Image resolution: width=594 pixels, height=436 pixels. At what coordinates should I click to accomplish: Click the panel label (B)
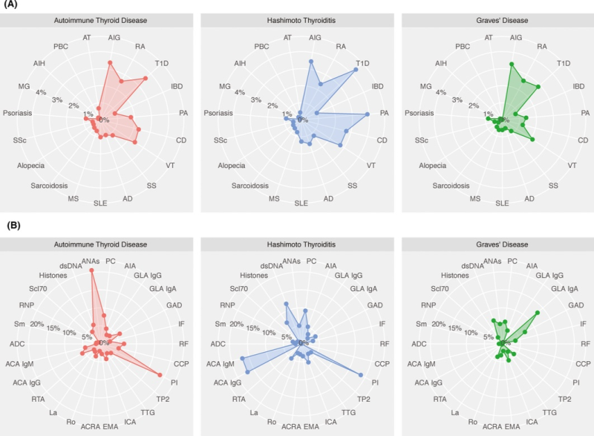[x=13, y=225]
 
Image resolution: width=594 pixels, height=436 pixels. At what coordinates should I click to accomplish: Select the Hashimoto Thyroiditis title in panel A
[x=301, y=21]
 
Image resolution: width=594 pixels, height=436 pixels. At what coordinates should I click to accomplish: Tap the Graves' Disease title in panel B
[x=502, y=244]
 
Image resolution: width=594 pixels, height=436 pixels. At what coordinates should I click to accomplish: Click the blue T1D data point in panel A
[x=356, y=70]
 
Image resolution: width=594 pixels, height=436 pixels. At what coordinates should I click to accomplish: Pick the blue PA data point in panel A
[x=368, y=114]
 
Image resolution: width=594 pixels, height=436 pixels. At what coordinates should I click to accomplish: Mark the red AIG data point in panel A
[x=110, y=62]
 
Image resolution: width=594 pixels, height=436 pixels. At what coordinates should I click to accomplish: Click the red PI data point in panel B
[x=160, y=374]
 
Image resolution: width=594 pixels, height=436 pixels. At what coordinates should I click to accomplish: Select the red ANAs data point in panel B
[x=91, y=270]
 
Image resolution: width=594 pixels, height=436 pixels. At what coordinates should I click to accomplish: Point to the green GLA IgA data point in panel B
[x=537, y=313]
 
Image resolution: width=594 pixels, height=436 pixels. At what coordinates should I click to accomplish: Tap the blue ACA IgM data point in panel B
[x=243, y=358]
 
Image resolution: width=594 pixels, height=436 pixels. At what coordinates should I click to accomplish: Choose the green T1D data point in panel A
[x=538, y=87]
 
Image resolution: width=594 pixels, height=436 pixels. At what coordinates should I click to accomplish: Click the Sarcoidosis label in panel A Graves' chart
[x=451, y=186]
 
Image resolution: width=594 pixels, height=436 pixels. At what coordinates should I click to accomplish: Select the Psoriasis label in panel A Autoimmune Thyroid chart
[x=17, y=113]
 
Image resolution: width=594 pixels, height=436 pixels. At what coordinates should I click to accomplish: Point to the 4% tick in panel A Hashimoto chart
[x=240, y=92]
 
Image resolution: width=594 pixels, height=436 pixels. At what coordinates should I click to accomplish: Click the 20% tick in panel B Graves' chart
[x=438, y=325]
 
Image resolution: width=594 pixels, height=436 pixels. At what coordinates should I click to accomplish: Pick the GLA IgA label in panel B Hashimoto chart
[x=363, y=289]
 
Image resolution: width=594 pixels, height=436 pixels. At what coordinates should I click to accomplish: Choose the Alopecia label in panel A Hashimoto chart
[x=232, y=166]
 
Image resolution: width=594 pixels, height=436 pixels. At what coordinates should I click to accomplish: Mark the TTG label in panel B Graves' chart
[x=549, y=412]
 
